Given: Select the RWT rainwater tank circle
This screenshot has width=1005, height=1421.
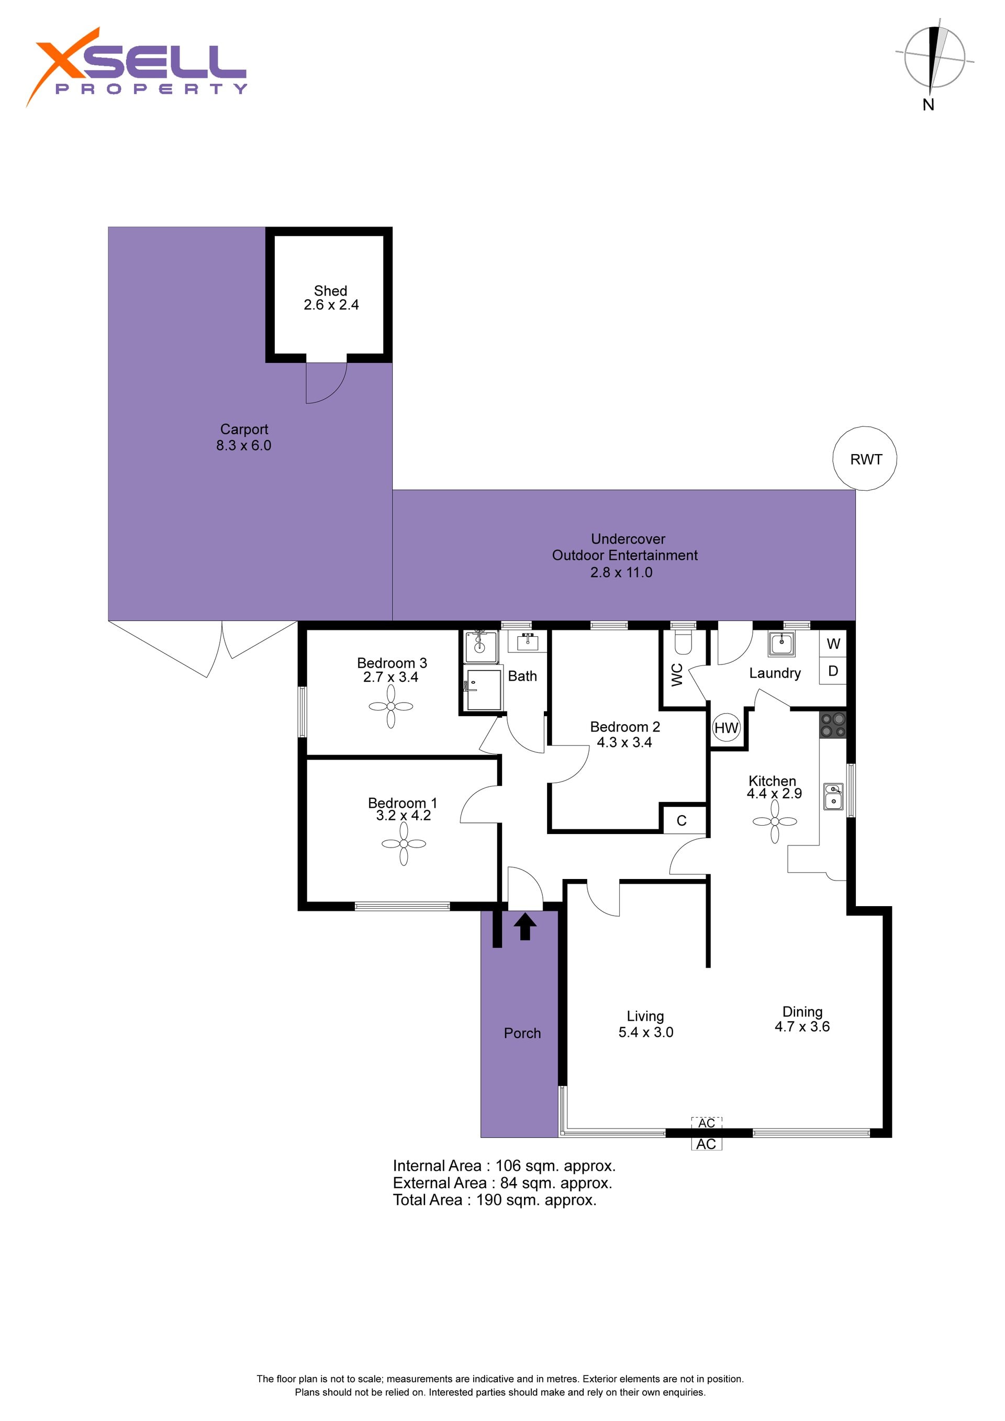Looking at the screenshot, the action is tap(865, 459).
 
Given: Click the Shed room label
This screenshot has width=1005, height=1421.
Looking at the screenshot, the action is tap(331, 290).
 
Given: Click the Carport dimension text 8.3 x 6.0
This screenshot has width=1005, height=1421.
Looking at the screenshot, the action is tap(244, 446).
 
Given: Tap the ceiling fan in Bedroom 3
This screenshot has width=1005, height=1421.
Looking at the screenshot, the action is tap(390, 706).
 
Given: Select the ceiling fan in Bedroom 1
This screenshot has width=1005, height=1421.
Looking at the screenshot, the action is tap(404, 843).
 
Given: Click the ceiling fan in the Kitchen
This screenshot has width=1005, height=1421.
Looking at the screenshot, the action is tap(775, 821).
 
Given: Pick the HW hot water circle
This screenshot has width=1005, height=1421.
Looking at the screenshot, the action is tap(727, 728).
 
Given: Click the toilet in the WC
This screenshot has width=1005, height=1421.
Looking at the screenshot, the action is tap(683, 642).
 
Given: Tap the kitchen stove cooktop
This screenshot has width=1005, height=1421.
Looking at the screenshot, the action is tap(833, 725).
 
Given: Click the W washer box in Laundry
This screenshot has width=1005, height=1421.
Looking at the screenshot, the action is tap(833, 644).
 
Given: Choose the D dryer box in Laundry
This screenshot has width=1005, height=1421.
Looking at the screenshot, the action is tap(833, 671).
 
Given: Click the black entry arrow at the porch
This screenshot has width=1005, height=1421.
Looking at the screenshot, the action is tap(526, 927).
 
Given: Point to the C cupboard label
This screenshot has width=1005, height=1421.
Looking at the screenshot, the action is tap(682, 821).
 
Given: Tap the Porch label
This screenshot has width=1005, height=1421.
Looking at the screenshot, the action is tap(522, 1033).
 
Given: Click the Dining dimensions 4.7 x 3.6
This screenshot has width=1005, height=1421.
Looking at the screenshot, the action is tap(802, 1026).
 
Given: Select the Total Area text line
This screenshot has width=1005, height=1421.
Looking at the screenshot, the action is tap(495, 1200).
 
